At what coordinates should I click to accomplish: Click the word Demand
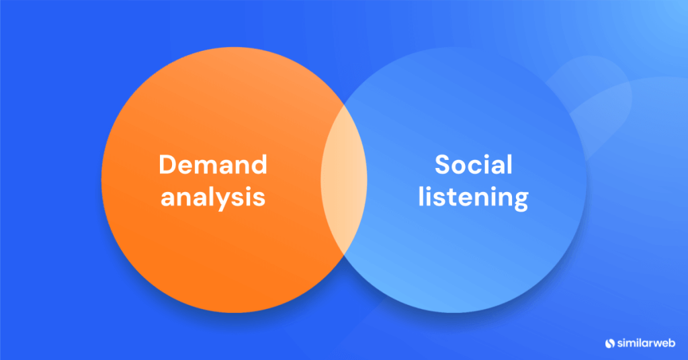[x=212, y=165]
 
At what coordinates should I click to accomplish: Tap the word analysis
[x=212, y=198]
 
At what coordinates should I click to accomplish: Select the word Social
[x=473, y=165]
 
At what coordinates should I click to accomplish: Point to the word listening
[x=473, y=198]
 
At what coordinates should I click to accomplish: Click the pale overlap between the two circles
[x=344, y=180]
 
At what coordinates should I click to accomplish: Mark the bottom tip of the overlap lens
[x=344, y=260]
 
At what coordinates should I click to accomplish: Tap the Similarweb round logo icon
[x=609, y=343]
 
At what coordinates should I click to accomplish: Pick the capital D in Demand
[x=167, y=165]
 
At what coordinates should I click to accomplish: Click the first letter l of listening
[x=421, y=197]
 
